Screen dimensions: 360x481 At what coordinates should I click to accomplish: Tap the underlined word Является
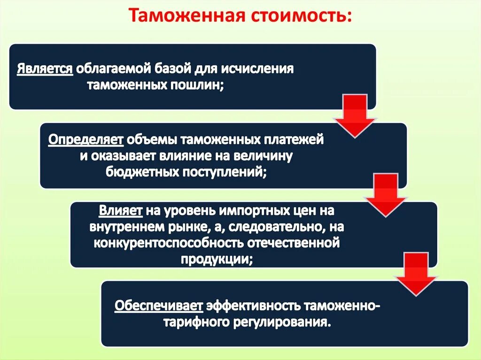tap(45, 69)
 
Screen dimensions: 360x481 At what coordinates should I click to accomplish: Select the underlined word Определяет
tap(86, 139)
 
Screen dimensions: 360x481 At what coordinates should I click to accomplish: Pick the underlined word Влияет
tap(120, 210)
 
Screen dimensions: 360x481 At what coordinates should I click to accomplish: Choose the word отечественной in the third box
tap(301, 243)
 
